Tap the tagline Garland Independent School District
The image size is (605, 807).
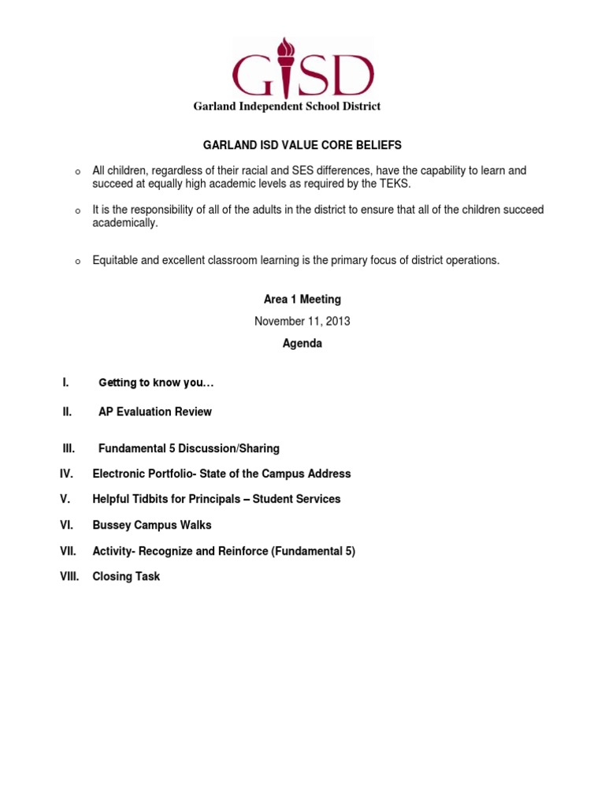coord(287,106)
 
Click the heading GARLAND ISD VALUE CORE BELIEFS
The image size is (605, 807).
coord(302,145)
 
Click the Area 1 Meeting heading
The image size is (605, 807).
coord(302,299)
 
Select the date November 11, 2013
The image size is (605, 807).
coord(302,322)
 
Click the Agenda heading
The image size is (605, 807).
coord(302,344)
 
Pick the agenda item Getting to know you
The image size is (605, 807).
coord(156,383)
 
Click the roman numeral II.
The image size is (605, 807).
coord(68,411)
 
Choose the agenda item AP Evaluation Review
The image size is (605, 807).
coord(155,411)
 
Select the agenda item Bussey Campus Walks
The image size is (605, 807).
coord(152,525)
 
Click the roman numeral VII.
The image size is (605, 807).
coord(69,551)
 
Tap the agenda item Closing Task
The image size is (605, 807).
coord(126,576)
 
